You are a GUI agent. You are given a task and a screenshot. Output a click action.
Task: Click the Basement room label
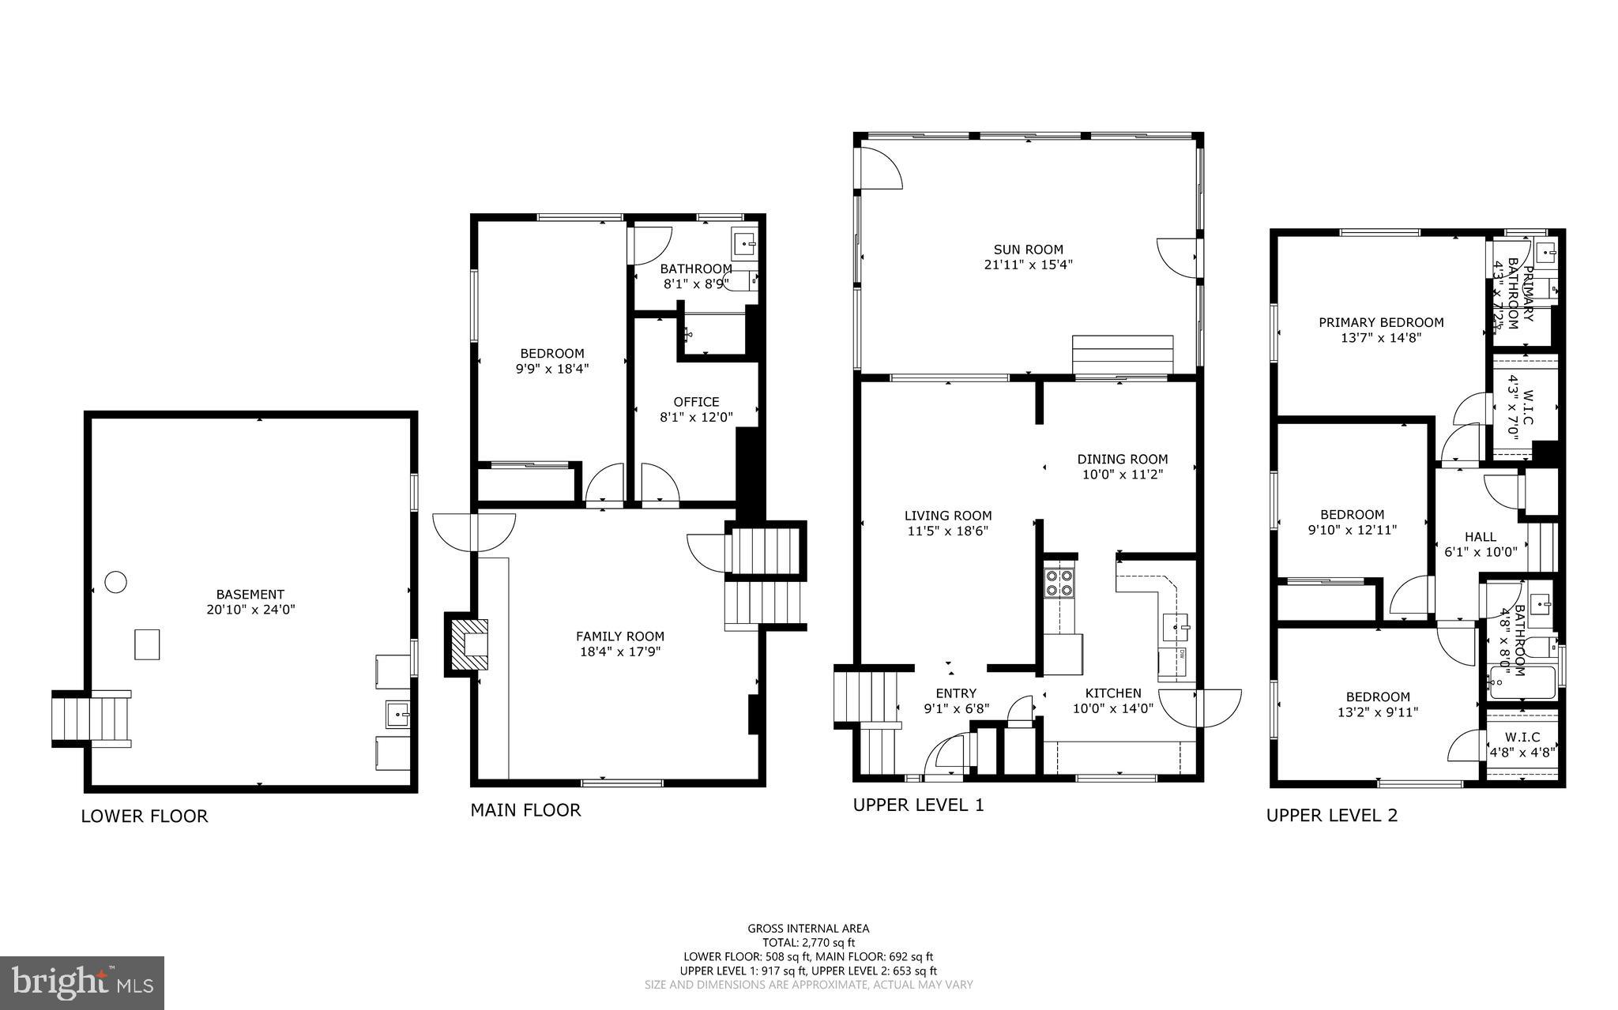(x=250, y=594)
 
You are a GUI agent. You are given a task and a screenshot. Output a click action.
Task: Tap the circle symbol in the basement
(x=116, y=582)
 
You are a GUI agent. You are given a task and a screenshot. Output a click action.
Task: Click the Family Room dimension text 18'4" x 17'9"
(x=619, y=651)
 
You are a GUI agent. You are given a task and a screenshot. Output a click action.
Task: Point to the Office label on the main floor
(x=696, y=401)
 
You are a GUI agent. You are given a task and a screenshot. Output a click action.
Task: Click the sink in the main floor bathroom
(x=743, y=243)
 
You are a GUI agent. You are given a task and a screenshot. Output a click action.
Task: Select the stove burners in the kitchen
(x=1059, y=582)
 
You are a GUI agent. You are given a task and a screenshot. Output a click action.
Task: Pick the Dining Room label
(x=1122, y=459)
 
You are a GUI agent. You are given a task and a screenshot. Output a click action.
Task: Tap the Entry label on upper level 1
(x=956, y=693)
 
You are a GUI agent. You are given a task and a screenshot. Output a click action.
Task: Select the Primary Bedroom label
(x=1381, y=322)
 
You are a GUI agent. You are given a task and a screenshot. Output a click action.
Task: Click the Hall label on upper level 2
(x=1480, y=536)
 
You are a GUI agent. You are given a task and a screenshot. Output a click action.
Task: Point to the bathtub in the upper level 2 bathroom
(x=1522, y=682)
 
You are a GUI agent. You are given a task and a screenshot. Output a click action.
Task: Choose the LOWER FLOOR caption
(x=145, y=817)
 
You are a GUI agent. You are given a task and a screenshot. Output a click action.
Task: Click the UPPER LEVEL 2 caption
(x=1332, y=816)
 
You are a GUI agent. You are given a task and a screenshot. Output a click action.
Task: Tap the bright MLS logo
(x=82, y=983)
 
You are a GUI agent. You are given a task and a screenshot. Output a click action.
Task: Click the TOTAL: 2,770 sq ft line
(x=808, y=942)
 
